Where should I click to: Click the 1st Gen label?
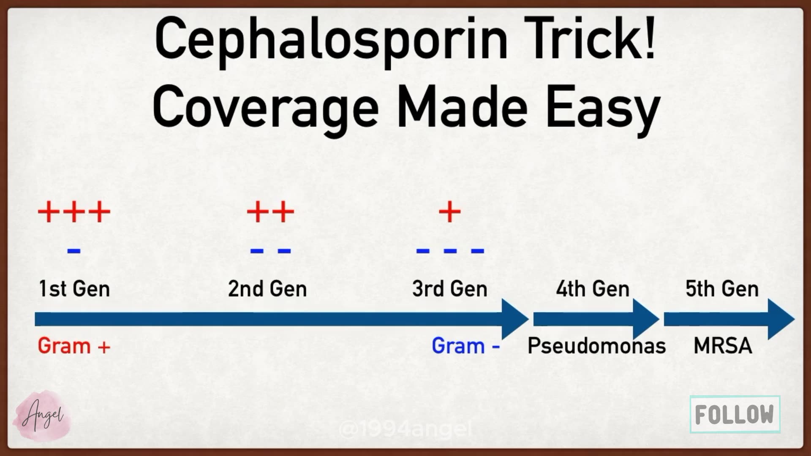pos(74,289)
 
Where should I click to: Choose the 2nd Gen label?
pos(267,289)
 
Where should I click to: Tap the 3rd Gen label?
pos(449,289)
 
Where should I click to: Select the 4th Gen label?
pos(592,289)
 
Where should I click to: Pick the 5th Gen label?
pos(722,289)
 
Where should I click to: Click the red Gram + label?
pos(74,346)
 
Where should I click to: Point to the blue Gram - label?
pos(465,346)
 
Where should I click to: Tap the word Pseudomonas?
pos(596,346)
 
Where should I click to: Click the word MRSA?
pos(723,346)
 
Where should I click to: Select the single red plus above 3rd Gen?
pos(449,212)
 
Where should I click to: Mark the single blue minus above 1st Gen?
pos(73,251)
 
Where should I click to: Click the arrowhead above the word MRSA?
pos(780,319)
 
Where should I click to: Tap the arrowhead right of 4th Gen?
pos(645,319)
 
